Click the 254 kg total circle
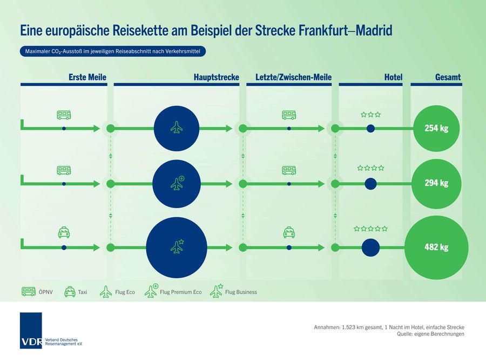point(436,129)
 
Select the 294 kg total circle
point(436,183)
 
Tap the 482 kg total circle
point(436,248)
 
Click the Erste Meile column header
point(87,78)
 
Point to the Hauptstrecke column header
point(216,78)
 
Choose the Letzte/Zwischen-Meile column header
point(293,78)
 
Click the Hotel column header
point(393,78)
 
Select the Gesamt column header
point(448,78)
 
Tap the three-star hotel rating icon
point(370,115)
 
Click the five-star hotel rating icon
point(370,229)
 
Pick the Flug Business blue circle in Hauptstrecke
point(176,248)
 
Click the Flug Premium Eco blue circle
point(176,183)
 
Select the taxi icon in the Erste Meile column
point(64,233)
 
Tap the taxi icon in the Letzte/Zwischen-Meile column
point(289,233)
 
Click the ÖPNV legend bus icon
point(29,292)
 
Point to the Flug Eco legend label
point(125,292)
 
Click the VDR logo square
point(30,330)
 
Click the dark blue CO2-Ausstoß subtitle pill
point(113,51)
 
